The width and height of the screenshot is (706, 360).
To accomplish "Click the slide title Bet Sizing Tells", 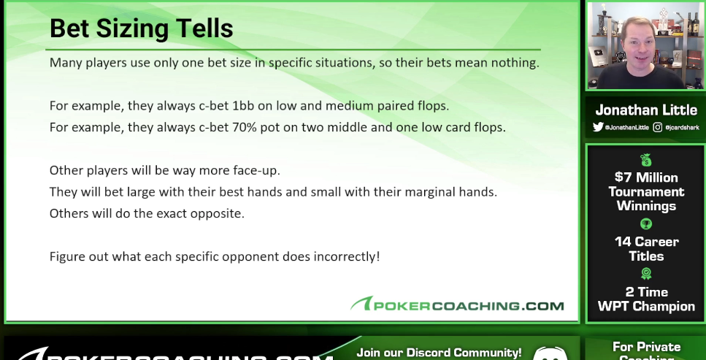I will click(x=141, y=28).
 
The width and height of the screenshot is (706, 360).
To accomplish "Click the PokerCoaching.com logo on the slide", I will click(x=457, y=305).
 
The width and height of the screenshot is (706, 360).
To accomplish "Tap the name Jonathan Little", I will click(x=646, y=110).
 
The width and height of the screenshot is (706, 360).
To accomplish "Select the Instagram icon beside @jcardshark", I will click(x=657, y=127).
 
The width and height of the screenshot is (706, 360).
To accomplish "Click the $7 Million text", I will click(x=646, y=177).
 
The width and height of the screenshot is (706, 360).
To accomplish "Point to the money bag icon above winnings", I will click(x=646, y=161).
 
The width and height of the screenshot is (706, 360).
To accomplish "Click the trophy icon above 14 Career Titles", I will click(x=646, y=224).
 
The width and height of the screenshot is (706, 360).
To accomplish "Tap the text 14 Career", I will click(x=646, y=242).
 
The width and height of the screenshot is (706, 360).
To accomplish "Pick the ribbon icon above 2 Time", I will click(x=646, y=274).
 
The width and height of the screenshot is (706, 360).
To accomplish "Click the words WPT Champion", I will click(x=646, y=307).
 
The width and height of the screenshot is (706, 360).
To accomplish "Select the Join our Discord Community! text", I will click(x=440, y=353).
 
